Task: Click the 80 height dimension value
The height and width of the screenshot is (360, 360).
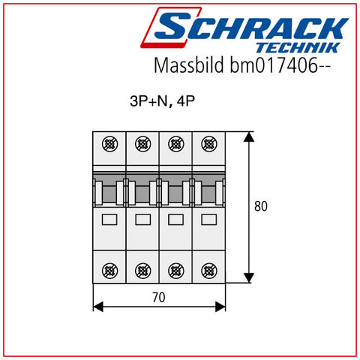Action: (261, 206)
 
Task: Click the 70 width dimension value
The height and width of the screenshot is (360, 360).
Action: (159, 298)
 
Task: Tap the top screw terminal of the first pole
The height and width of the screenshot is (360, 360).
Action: (109, 144)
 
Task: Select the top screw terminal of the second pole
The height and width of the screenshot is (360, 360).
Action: (142, 144)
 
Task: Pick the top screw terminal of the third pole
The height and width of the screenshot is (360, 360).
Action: (176, 144)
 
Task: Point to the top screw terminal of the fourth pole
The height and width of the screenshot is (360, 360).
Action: (209, 144)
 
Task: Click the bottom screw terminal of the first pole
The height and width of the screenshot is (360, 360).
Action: (109, 271)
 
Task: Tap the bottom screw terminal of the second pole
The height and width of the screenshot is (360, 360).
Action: (142, 271)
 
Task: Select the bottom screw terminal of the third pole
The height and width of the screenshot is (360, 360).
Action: (176, 271)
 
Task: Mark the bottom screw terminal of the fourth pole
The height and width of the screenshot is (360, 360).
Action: (209, 271)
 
